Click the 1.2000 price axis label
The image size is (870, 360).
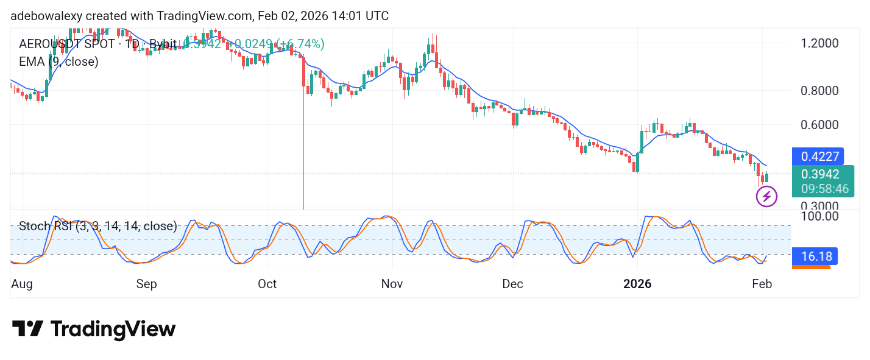[821, 43]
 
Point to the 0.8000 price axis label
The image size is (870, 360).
[821, 91]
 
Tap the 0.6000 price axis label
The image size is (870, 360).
[821, 125]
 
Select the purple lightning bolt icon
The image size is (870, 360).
[766, 197]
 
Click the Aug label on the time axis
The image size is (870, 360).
[22, 284]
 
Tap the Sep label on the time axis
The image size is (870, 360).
[146, 284]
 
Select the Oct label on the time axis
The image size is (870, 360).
[267, 284]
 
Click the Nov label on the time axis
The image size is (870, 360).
[392, 284]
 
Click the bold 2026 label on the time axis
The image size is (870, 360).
[637, 284]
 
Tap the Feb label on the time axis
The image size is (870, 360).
[762, 284]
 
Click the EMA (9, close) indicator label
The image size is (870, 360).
[58, 62]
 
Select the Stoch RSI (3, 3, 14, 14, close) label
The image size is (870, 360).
[98, 227]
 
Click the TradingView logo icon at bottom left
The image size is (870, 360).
[27, 330]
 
